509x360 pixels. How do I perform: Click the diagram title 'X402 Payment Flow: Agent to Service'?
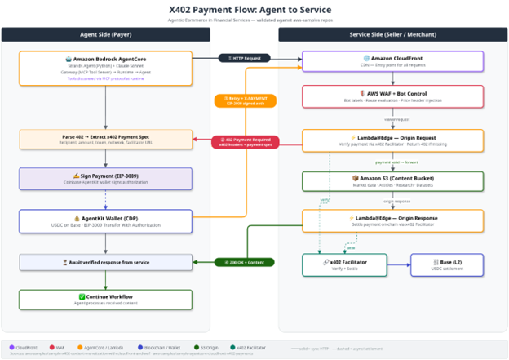point(254,10)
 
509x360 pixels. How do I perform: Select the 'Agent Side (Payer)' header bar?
point(106,34)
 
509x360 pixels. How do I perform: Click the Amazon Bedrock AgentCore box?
point(106,67)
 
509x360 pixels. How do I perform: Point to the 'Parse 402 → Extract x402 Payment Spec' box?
point(106,139)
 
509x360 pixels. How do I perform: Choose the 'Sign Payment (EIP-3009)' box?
point(106,178)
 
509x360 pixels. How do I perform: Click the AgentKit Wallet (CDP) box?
point(106,221)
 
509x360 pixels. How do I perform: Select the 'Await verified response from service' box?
point(106,262)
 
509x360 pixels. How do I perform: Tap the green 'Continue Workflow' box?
point(106,300)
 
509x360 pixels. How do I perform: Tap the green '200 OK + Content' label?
point(246,262)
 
